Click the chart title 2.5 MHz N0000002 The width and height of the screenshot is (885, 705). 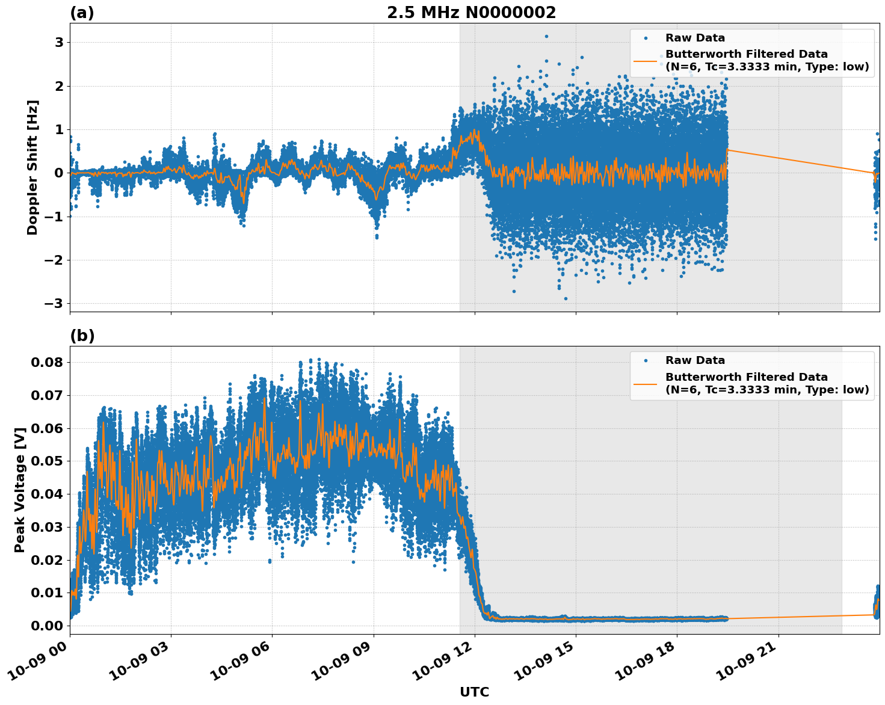[x=471, y=13]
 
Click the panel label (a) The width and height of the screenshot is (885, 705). [x=82, y=13]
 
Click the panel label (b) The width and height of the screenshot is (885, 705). [x=82, y=336]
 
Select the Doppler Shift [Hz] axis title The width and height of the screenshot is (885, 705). [x=32, y=167]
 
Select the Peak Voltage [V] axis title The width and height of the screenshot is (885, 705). [x=20, y=490]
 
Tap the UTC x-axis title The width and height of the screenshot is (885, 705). [x=474, y=692]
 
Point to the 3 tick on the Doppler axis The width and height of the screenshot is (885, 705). [x=59, y=42]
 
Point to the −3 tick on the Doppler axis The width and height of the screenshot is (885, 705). [x=54, y=303]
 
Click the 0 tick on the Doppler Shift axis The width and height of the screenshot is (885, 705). [x=59, y=173]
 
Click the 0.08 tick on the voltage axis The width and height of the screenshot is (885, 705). [x=46, y=362]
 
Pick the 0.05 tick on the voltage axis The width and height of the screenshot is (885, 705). [x=46, y=461]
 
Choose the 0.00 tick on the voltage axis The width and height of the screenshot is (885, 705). [x=46, y=626]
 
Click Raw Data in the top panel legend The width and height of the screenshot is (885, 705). [x=695, y=38]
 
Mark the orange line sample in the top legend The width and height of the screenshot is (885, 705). [x=645, y=61]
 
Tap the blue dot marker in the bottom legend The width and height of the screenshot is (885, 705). [x=645, y=360]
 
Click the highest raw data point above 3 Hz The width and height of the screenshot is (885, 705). [x=546, y=36]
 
